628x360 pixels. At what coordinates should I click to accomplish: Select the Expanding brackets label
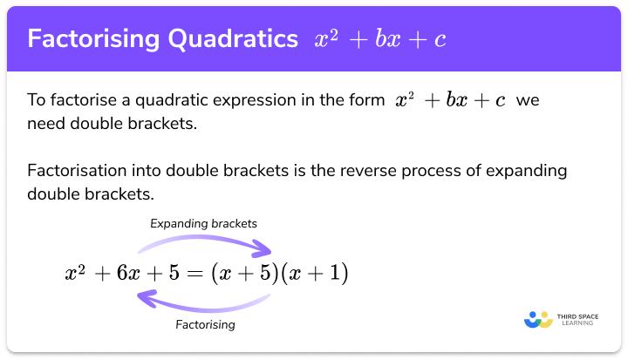[x=203, y=223]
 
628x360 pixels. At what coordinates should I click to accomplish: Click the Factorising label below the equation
[x=203, y=324]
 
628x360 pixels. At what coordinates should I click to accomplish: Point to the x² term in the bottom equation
[x=77, y=274]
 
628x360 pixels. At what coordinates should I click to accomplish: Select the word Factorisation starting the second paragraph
[x=75, y=170]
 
